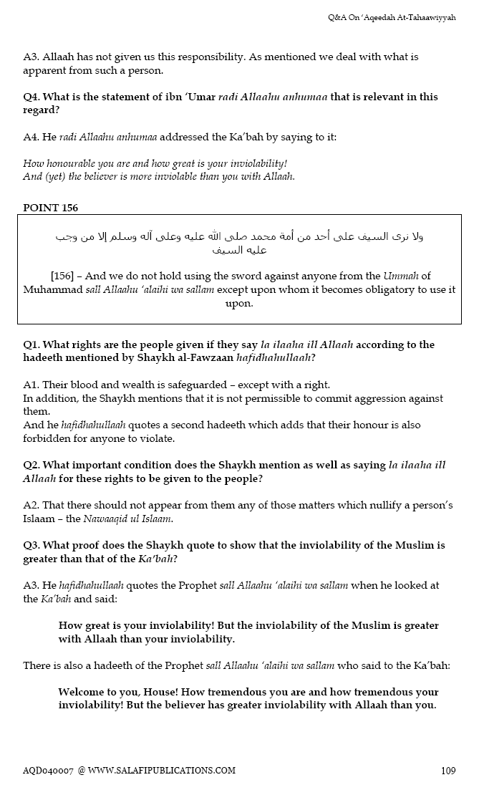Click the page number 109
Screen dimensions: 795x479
448,771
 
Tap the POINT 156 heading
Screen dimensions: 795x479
50,208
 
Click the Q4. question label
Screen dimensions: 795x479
32,97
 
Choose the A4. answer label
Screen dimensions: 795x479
32,137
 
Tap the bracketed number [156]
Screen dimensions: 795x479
67,276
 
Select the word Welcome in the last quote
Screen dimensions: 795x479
84,692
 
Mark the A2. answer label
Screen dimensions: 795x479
32,505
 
